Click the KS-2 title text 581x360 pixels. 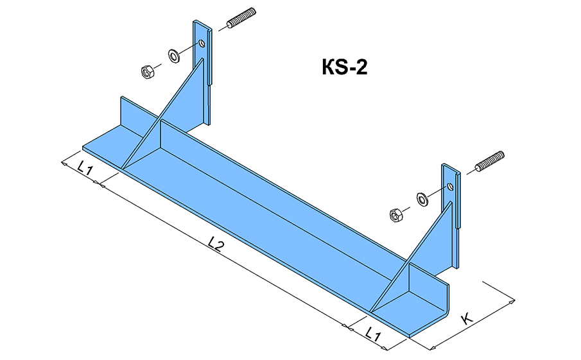[x=344, y=67]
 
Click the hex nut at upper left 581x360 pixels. [x=147, y=71]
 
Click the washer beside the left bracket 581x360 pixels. [x=174, y=56]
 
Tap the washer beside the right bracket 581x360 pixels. [x=422, y=198]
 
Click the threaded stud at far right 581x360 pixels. [x=491, y=162]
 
